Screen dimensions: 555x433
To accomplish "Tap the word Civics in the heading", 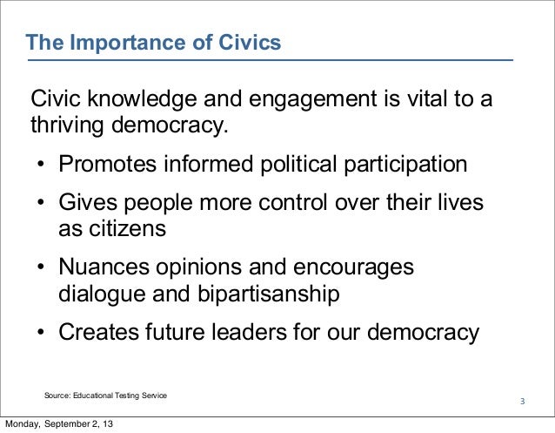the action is (250, 42).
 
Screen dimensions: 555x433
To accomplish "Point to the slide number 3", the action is (523, 402).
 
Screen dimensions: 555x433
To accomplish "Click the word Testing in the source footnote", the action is (127, 396).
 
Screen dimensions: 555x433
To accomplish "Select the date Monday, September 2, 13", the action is (59, 423).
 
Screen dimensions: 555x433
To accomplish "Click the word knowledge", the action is (142, 98).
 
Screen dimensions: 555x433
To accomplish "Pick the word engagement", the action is (312, 99).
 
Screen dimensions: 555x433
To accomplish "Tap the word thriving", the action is (67, 125).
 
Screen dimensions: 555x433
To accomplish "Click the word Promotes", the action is (107, 164).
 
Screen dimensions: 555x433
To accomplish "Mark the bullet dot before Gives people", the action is (41, 202).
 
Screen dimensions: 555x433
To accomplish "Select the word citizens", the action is (127, 228).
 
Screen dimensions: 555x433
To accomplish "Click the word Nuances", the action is (104, 267).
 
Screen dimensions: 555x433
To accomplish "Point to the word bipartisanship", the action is (269, 294).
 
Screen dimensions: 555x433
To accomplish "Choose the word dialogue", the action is (102, 294).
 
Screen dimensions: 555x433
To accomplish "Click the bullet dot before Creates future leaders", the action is (41, 332).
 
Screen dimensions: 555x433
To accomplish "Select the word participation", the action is (405, 165).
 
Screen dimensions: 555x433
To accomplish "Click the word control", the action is (292, 202).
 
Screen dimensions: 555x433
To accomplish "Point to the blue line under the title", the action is (271, 60).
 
